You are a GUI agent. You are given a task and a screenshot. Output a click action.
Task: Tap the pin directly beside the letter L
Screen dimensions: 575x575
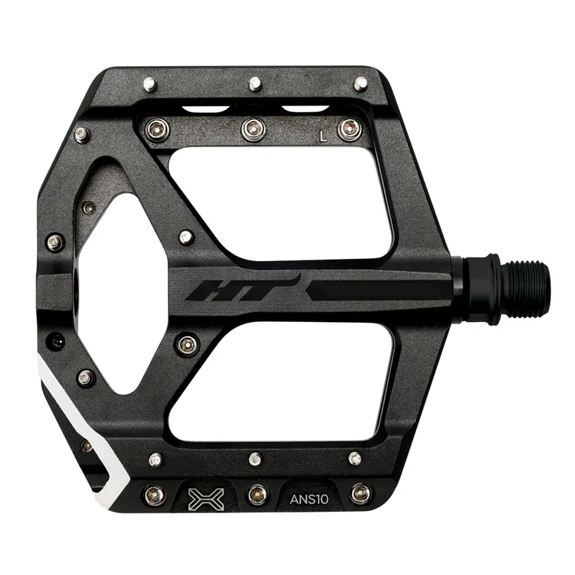tap(349, 129)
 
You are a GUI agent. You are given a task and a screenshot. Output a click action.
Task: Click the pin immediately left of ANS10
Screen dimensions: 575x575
tap(257, 494)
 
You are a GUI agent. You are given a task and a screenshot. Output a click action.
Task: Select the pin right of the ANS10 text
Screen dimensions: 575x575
tap(361, 494)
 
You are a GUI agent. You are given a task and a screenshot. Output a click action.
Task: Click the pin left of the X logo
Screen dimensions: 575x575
tap(154, 494)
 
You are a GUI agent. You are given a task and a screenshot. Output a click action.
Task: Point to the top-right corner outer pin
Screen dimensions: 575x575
tap(360, 83)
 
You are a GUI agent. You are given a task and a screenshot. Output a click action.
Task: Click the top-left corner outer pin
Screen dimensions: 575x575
tap(149, 84)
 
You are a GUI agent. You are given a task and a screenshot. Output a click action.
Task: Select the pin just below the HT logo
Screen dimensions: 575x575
tap(188, 344)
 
